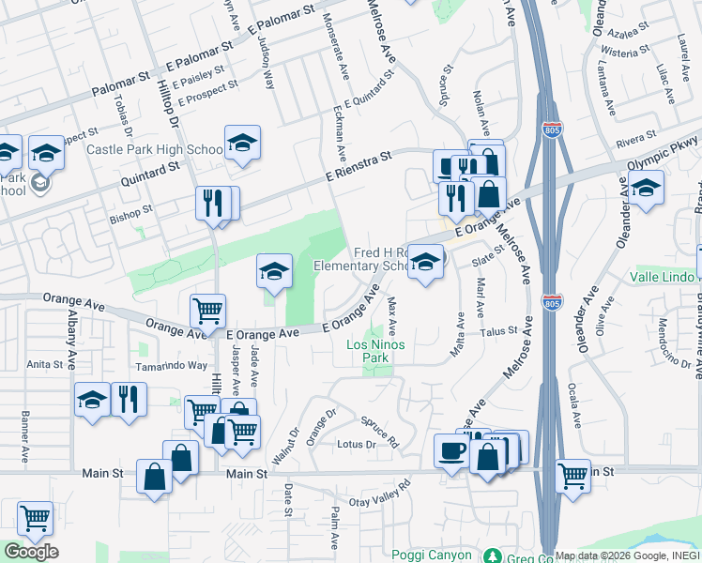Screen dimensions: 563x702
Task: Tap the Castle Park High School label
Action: pos(154,149)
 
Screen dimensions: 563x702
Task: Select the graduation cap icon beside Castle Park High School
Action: pos(242,144)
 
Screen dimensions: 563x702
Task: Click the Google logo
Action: pos(31,552)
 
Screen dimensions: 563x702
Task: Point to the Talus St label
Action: pos(499,330)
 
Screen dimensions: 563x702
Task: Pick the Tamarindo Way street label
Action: pos(170,366)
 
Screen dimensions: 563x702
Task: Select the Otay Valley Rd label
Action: pos(380,495)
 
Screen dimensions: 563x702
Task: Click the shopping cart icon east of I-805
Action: pos(572,476)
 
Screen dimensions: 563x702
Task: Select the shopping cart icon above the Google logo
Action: pos(35,518)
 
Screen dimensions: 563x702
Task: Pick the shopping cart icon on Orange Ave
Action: pos(207,311)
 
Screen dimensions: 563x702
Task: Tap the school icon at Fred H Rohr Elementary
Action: pos(426,263)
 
